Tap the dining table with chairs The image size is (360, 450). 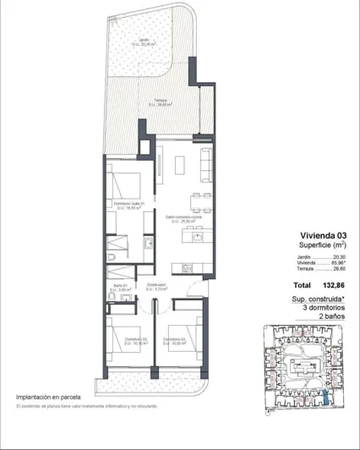198,200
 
